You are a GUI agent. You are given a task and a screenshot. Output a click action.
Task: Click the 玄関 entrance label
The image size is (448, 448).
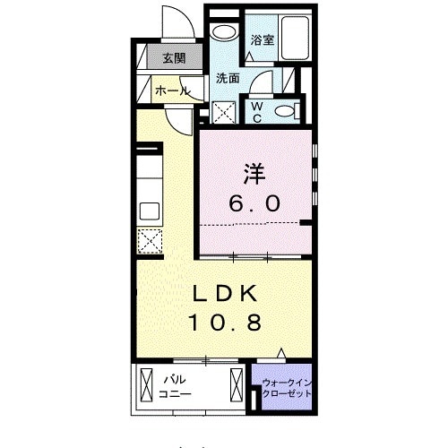174,58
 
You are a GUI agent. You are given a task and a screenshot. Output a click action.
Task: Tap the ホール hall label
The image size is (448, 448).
173,90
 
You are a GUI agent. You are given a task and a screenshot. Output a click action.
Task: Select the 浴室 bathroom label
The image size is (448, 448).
262,39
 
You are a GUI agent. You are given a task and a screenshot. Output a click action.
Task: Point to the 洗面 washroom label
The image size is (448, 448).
228,78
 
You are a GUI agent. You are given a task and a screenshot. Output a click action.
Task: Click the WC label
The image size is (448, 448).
257,112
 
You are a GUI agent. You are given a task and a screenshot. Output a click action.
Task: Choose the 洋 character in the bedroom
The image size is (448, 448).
254,174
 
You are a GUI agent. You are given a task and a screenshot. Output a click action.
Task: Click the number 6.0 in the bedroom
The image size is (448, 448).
254,203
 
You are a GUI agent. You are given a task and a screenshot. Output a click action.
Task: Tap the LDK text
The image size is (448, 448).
225,293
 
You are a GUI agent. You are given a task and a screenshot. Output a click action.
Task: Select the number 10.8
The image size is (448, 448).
225,322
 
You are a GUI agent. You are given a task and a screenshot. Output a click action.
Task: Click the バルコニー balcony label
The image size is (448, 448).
175,387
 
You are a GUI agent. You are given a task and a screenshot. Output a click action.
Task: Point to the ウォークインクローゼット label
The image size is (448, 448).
287,388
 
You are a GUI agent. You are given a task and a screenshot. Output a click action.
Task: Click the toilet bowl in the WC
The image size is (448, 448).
288,111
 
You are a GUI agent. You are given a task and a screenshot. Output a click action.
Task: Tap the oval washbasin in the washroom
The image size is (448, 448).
224,32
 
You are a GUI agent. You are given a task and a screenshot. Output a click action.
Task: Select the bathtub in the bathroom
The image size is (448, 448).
295,39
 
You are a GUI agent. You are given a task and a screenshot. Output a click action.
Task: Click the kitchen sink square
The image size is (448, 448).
150,211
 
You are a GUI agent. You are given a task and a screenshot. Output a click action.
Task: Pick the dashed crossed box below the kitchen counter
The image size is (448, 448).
150,241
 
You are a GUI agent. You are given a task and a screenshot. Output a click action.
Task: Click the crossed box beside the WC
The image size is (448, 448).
224,112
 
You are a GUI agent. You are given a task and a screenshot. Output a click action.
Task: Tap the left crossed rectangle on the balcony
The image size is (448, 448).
146,385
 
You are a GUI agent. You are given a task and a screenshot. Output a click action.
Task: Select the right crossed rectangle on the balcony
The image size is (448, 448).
237,385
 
